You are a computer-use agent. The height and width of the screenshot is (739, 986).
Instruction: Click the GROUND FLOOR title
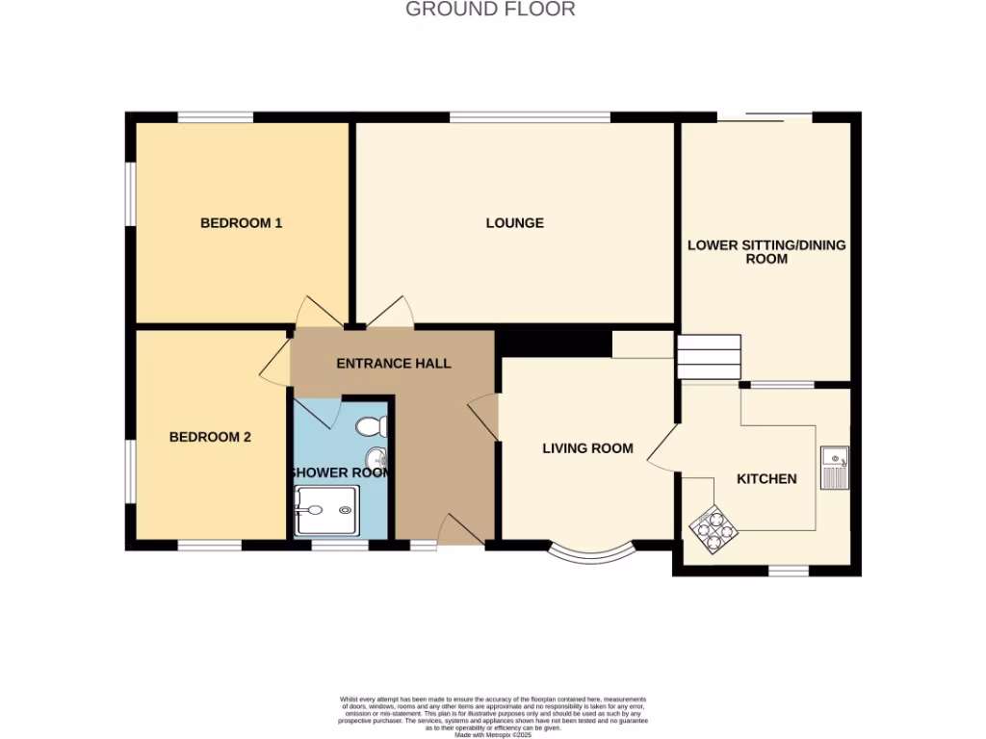(x=490, y=10)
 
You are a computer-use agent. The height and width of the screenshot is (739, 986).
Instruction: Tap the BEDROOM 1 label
(x=241, y=223)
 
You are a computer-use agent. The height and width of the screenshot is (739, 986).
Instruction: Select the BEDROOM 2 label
(x=210, y=437)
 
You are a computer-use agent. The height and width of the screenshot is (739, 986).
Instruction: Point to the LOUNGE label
(x=514, y=223)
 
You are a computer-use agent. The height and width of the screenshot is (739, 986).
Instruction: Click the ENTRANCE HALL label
(x=393, y=364)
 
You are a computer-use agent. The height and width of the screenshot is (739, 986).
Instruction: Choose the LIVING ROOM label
(x=587, y=448)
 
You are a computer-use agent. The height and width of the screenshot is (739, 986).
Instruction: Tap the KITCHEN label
(x=766, y=479)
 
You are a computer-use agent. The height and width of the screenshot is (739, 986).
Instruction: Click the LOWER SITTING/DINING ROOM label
(x=766, y=252)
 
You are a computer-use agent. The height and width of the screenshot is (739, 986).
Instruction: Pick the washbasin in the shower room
(x=376, y=457)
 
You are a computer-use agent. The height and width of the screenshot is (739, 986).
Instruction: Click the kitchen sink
(x=834, y=468)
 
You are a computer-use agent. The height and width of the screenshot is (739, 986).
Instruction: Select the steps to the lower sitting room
(x=709, y=357)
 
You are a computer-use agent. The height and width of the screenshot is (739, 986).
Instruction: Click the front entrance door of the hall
(x=460, y=531)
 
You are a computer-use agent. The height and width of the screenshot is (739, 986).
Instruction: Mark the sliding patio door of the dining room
(x=765, y=117)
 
